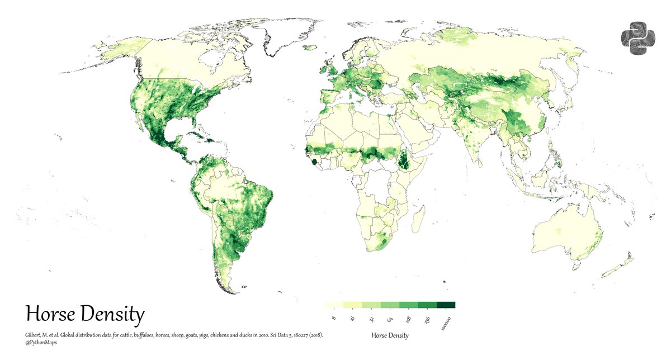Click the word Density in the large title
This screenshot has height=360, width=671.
[112, 315]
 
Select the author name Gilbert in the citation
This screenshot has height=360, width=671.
[35, 335]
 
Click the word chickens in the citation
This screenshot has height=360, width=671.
[211, 335]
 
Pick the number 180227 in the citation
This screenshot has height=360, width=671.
[296, 335]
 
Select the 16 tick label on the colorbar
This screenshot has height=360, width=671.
[352, 319]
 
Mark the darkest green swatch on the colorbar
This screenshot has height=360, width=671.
[446, 305]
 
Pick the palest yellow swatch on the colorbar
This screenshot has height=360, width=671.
[334, 305]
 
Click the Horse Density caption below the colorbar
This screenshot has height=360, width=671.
[390, 335]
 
